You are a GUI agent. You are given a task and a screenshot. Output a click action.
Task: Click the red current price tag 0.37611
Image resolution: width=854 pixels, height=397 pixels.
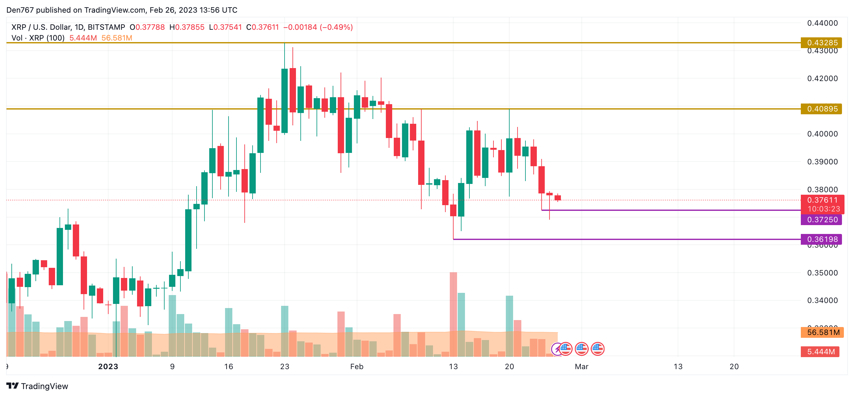coord(822,200)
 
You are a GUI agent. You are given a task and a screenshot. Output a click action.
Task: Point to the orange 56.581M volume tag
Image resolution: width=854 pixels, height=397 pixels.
coord(822,332)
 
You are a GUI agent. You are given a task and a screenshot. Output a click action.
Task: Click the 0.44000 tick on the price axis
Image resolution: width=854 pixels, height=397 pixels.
coord(822,23)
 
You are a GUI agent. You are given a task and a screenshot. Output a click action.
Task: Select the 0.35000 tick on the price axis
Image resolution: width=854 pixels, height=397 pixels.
coord(822,273)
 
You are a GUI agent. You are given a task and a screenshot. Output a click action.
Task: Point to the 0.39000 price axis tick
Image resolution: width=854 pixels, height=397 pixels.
coord(822,162)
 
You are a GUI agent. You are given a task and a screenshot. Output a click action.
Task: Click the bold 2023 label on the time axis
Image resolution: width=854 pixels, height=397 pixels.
coord(108,367)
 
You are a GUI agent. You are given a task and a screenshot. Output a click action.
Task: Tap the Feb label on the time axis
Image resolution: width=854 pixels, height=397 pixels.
coord(357,367)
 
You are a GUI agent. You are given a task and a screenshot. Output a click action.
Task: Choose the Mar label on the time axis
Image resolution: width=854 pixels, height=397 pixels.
coord(581,367)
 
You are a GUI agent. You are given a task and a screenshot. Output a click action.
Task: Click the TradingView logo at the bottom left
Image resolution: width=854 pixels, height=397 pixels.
coord(37,386)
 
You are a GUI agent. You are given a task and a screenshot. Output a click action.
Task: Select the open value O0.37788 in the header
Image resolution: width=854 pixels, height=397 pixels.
coord(147,27)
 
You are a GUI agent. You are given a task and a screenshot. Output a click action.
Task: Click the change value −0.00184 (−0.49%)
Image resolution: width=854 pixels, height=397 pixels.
coord(317,27)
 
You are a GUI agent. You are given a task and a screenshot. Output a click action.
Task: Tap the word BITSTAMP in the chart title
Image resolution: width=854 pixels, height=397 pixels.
coord(106,27)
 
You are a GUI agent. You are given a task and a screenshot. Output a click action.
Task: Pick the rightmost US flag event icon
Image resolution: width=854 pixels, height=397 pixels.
coord(597,349)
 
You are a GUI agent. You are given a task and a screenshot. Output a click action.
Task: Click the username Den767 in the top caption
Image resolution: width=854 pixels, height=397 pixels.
coord(20,10)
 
